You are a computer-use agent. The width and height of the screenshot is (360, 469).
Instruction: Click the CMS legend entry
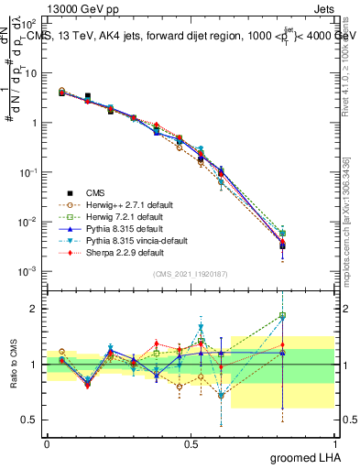point(95,191)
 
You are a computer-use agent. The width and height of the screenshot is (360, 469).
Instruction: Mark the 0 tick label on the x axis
point(47,442)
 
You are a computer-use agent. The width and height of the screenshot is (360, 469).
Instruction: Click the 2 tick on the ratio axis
point(35,309)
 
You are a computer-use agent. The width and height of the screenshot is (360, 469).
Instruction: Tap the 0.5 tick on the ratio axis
point(30,420)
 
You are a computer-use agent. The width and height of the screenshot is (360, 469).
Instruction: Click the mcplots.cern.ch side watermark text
point(353,229)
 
